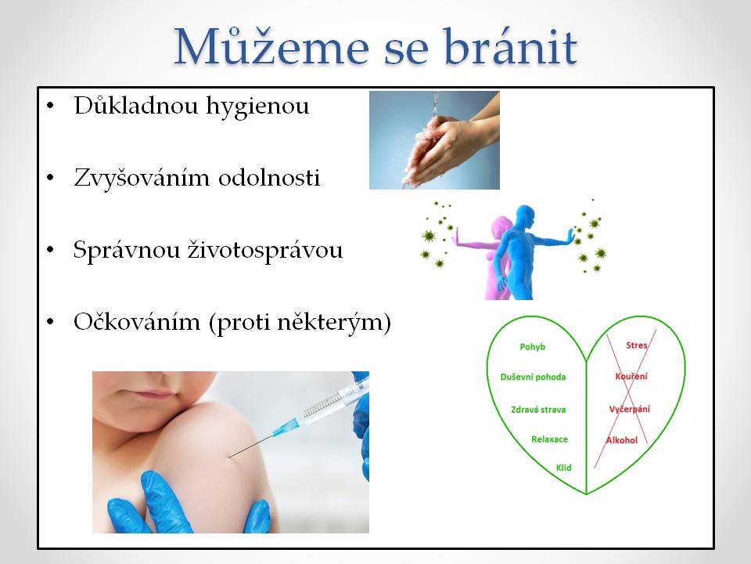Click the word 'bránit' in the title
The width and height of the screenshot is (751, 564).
tap(509, 47)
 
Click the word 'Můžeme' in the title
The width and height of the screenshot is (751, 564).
tap(271, 47)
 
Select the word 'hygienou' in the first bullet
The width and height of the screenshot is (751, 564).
tap(257, 107)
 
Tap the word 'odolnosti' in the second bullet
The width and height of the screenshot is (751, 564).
tap(269, 178)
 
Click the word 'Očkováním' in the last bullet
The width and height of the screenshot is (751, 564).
tap(137, 321)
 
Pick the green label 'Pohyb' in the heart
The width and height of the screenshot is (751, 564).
tap(533, 347)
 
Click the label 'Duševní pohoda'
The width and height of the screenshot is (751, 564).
tap(533, 377)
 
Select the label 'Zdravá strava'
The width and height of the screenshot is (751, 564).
tap(538, 410)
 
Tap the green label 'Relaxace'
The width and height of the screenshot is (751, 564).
tap(549, 439)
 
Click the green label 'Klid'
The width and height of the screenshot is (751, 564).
tap(564, 468)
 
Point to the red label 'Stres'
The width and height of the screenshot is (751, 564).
tap(637, 345)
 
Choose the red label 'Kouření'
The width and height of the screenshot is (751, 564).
tap(631, 377)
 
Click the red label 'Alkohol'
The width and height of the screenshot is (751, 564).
tap(622, 440)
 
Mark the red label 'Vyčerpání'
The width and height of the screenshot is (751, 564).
tap(629, 409)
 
